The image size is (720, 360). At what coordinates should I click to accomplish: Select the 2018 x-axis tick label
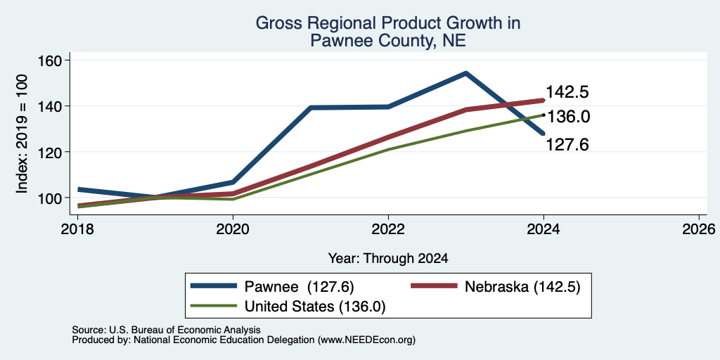78,229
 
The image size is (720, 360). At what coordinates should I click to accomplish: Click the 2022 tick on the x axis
388,229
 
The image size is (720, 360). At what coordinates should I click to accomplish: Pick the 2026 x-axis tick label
699,229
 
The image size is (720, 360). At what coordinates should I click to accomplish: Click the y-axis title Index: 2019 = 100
22,134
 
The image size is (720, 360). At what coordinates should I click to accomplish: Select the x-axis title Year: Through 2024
388,259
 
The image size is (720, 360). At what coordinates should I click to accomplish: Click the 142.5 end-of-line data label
567,92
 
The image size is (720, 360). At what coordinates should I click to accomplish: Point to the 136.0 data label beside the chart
569,117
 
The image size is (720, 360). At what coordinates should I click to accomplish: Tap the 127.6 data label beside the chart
567,145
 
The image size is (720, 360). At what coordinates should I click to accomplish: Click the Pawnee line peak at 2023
465,72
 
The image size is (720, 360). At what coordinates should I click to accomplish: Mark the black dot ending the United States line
544,115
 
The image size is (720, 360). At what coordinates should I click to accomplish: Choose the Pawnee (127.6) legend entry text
299,287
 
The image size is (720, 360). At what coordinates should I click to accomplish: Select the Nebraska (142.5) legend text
523,287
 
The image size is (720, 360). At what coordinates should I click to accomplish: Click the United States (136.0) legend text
315,307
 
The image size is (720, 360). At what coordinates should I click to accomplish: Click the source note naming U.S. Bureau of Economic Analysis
166,330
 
